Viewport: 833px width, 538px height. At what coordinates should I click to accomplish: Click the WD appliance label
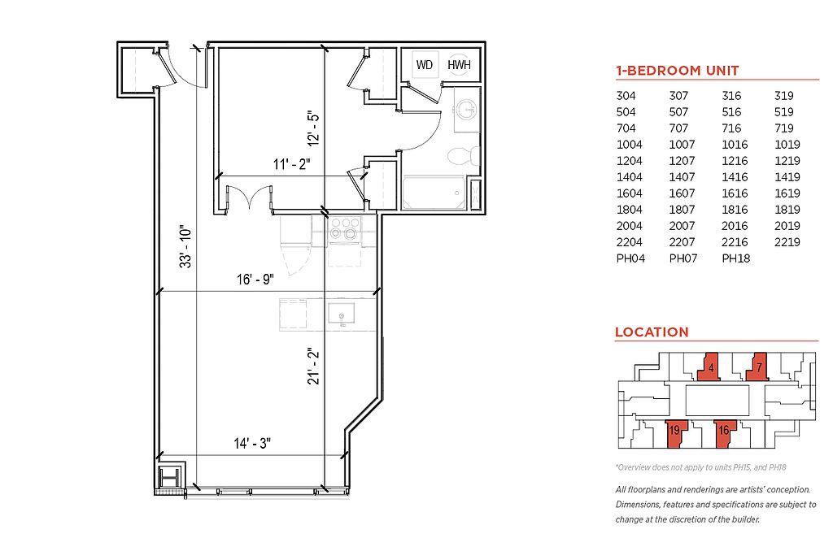[x=425, y=65]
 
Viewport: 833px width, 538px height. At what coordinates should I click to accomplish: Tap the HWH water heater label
[x=459, y=65]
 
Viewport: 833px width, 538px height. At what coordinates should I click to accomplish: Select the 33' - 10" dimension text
[x=185, y=247]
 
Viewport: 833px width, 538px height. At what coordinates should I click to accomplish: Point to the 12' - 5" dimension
[x=314, y=129]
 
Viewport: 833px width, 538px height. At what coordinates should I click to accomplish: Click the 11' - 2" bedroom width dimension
[x=292, y=164]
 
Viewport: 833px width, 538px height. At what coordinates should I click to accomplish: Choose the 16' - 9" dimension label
[x=255, y=279]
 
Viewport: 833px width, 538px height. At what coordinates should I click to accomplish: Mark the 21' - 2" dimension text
[x=314, y=367]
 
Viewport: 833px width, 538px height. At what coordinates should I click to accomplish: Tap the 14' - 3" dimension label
[x=252, y=443]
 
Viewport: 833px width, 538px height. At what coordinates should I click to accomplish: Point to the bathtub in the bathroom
[x=434, y=193]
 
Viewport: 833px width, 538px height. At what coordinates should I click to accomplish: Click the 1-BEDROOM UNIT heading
[x=678, y=71]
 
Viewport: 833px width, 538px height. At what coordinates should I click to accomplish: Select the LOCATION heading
[x=652, y=332]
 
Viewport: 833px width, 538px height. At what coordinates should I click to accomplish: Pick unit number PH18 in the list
[x=735, y=258]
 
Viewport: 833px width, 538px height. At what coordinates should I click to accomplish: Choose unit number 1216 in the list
[x=735, y=161]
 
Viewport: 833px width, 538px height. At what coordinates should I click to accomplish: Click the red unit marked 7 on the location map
[x=758, y=367]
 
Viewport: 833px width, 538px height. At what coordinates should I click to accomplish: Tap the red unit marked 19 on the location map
[x=676, y=433]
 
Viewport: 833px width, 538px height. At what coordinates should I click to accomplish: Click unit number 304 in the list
[x=626, y=96]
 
